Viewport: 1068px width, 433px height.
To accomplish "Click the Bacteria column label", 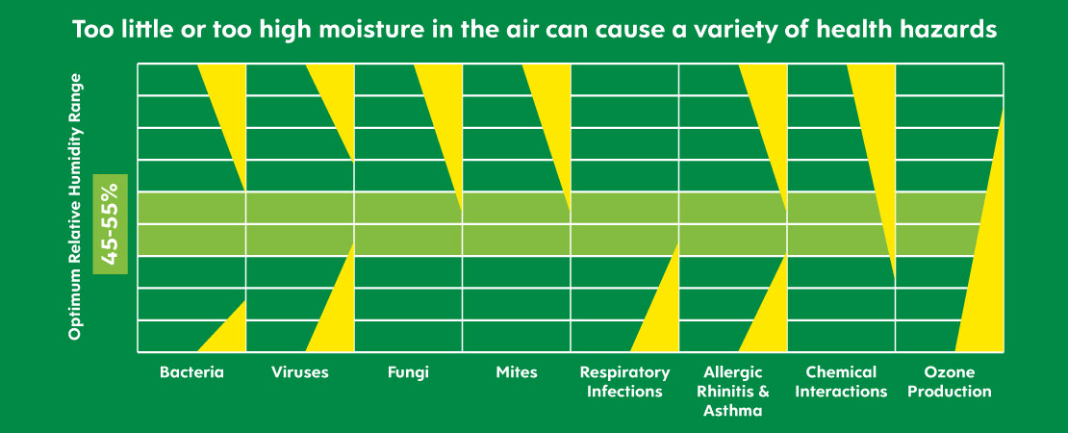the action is pos(191,372).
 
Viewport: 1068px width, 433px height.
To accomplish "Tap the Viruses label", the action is pos(299,372).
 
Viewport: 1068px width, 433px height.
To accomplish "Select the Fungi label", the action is pos(408,373).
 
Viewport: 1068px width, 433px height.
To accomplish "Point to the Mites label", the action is pos(517,372).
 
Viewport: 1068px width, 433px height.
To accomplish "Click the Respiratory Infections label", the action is pos(624,382).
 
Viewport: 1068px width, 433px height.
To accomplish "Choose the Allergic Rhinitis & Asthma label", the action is pos(733,392).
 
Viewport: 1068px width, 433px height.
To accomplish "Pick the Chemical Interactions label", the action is pos(841,382).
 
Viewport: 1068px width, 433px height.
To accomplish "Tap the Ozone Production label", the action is pos(950,382).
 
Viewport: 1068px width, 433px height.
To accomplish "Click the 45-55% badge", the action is pos(110,224).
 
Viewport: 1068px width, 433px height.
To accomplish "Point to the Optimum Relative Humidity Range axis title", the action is pos(75,206).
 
